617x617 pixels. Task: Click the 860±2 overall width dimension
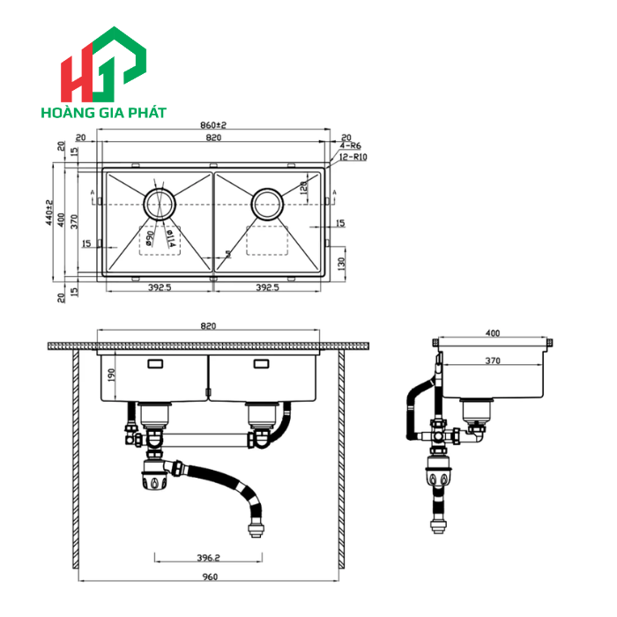click(x=212, y=126)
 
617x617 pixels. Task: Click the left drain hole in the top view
click(x=160, y=204)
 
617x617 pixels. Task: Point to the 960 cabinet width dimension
click(x=209, y=577)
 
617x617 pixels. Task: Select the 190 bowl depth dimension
click(x=109, y=375)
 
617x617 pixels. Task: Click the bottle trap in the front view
click(x=154, y=477)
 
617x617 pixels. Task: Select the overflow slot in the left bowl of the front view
click(x=155, y=363)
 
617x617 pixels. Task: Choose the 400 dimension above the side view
click(x=493, y=333)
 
